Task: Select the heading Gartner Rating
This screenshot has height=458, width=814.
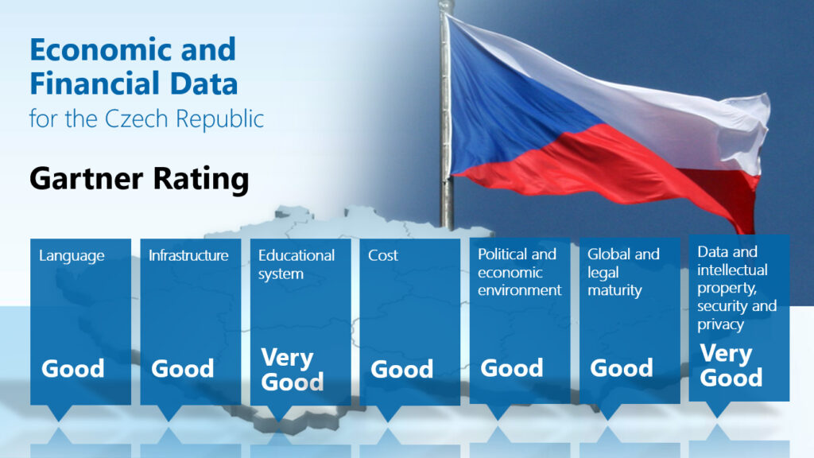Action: pos(139,179)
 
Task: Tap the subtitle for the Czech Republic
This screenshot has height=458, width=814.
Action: pos(146,118)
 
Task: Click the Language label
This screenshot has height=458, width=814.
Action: pos(72,256)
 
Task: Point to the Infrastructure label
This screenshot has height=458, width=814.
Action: pos(188,255)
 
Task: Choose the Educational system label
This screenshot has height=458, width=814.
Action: pos(297,264)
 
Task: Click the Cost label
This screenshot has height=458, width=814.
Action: pos(383,255)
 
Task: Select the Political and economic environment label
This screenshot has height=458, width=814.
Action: pos(520,272)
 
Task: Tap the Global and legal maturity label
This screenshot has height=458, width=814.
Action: pos(623,272)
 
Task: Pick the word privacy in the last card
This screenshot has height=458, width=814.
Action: pos(720,324)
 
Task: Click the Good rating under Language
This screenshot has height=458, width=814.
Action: pos(72,369)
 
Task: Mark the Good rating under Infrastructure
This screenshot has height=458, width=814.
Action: pos(182,369)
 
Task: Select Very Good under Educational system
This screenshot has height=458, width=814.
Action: pos(293,370)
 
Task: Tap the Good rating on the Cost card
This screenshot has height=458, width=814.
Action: pos(401,369)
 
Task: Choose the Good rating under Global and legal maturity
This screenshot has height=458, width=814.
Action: pos(622,368)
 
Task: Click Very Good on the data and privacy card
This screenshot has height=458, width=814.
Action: pos(731,366)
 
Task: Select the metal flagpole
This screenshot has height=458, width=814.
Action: pos(446,115)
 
